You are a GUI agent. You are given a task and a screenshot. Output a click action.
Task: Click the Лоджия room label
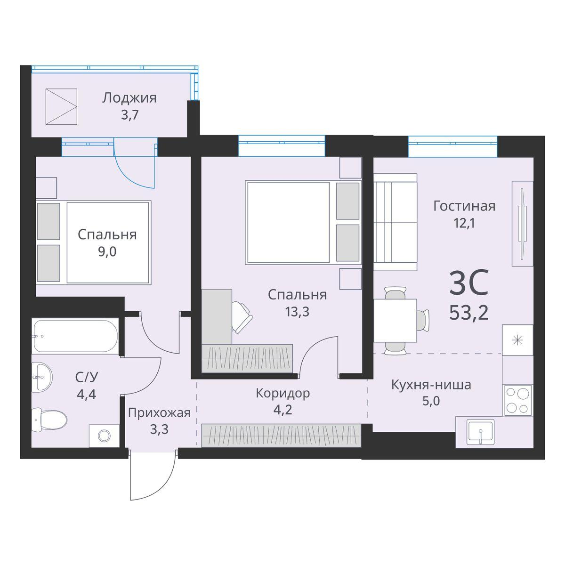[x=129, y=98]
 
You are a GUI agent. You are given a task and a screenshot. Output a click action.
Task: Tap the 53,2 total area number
[x=468, y=313]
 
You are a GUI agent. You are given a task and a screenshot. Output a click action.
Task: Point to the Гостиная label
[x=464, y=206]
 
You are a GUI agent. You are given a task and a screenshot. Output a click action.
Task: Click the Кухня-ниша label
[x=431, y=385]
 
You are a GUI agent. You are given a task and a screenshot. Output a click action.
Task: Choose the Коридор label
[x=282, y=394]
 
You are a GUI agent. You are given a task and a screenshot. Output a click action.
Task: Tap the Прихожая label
[x=159, y=413]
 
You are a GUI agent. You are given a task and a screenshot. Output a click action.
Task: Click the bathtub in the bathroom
[x=75, y=335]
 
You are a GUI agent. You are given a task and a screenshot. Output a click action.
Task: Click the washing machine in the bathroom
[x=104, y=436]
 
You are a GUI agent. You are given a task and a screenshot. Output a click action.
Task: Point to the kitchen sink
[x=480, y=432]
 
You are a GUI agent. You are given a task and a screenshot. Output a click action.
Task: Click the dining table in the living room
[x=395, y=320]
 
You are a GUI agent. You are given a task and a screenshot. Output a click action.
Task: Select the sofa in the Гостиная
[x=395, y=222]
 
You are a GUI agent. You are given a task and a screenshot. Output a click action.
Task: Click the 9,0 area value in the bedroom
[x=107, y=251]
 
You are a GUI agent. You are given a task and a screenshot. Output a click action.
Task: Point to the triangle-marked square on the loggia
[x=61, y=107]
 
